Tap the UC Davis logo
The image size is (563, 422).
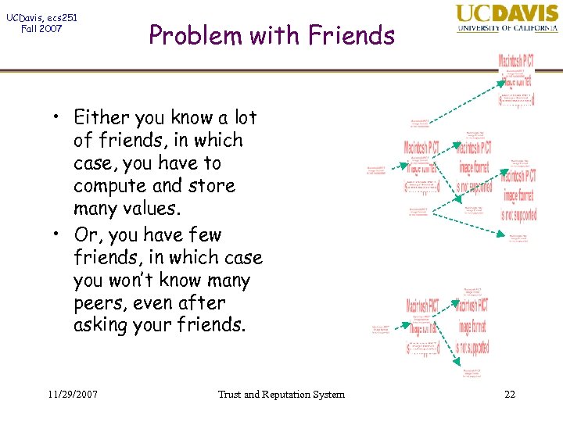507,19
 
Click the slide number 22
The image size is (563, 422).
509,394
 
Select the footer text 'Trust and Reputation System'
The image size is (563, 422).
281,394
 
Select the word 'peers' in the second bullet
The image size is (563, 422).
97,303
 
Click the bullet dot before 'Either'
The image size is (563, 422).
58,119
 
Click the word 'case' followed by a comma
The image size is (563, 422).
93,163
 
